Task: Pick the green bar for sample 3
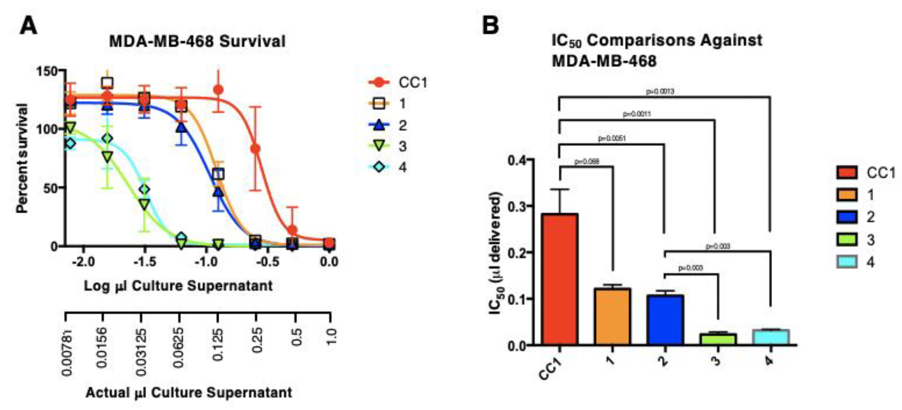coord(718,339)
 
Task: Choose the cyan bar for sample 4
coord(771,337)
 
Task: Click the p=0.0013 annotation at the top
coord(660,92)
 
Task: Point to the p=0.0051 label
coord(612,139)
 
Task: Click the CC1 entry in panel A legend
coord(412,83)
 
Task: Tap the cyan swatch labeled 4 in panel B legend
coord(847,262)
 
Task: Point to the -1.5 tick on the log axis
coord(145,262)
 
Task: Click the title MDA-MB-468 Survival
coord(197,41)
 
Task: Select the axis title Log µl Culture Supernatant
coord(178,286)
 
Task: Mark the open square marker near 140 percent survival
coord(107,83)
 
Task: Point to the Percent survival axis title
coord(22,158)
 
